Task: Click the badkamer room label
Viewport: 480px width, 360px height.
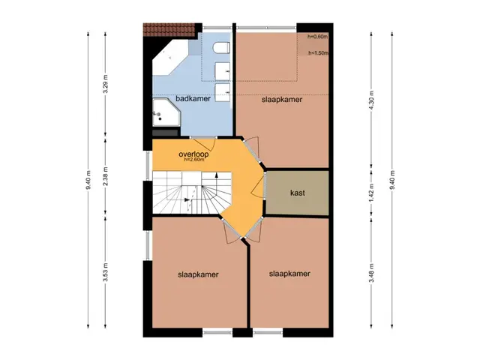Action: click(x=193, y=99)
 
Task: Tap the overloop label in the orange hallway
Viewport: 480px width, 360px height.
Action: click(x=193, y=154)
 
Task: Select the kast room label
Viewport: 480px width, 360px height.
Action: click(x=297, y=193)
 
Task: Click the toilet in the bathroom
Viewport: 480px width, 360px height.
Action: click(x=221, y=48)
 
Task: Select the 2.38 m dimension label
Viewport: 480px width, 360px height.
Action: click(x=105, y=176)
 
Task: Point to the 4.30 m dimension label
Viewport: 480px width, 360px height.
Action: click(x=371, y=100)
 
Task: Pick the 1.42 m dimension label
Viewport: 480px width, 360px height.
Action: click(x=371, y=193)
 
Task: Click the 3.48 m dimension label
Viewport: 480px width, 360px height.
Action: click(x=371, y=272)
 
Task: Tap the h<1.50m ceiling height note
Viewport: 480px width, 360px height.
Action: click(x=318, y=53)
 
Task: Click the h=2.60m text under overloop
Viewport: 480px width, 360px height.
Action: click(x=193, y=160)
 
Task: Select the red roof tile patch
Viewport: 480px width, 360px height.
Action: click(x=169, y=30)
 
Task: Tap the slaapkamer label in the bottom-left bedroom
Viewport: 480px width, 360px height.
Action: click(x=198, y=274)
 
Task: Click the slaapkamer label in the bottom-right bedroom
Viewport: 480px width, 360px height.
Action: click(x=289, y=274)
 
